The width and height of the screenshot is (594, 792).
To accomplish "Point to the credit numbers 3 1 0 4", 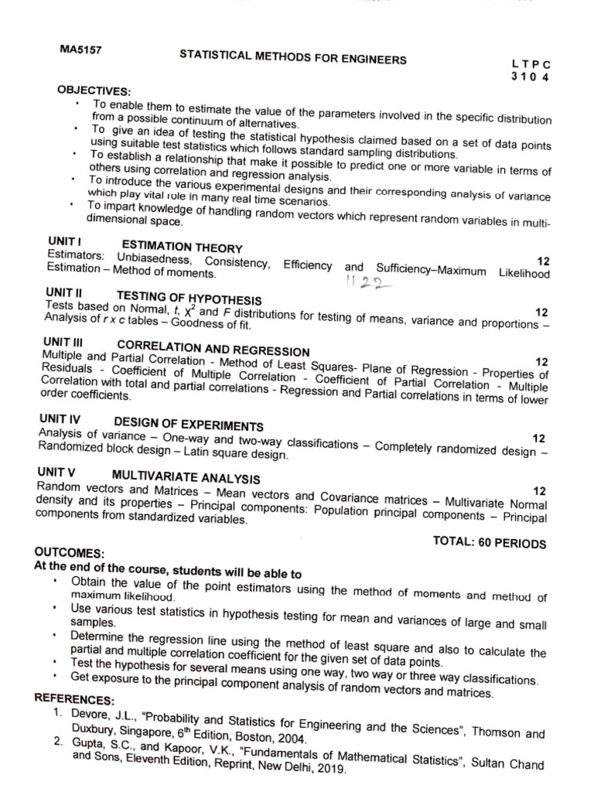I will pos(530,77).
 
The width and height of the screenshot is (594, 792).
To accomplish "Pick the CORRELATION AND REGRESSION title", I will pos(213,348).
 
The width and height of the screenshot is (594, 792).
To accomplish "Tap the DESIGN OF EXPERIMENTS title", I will pos(189,424).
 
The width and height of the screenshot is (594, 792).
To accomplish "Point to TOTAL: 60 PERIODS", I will pos(490,541).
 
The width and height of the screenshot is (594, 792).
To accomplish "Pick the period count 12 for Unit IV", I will pos(539,438).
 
